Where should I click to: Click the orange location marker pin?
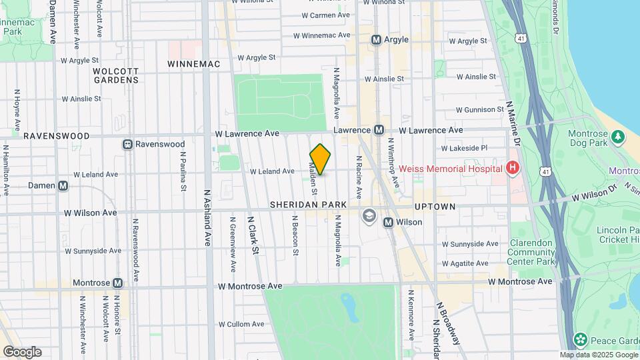click(x=320, y=159)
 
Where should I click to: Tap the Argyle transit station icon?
click(x=376, y=40)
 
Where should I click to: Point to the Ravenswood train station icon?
click(x=127, y=144)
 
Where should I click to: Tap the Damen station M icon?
click(x=63, y=186)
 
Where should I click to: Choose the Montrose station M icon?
click(x=118, y=283)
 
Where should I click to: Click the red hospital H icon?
click(x=512, y=168)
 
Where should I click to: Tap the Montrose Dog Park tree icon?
click(x=618, y=137)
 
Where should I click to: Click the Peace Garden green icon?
click(x=580, y=340)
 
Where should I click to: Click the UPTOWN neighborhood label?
click(x=434, y=207)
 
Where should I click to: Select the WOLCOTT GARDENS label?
click(x=116, y=75)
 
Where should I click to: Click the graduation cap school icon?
click(x=369, y=215)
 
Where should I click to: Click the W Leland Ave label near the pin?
click(x=272, y=171)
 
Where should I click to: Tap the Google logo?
click(x=22, y=352)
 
